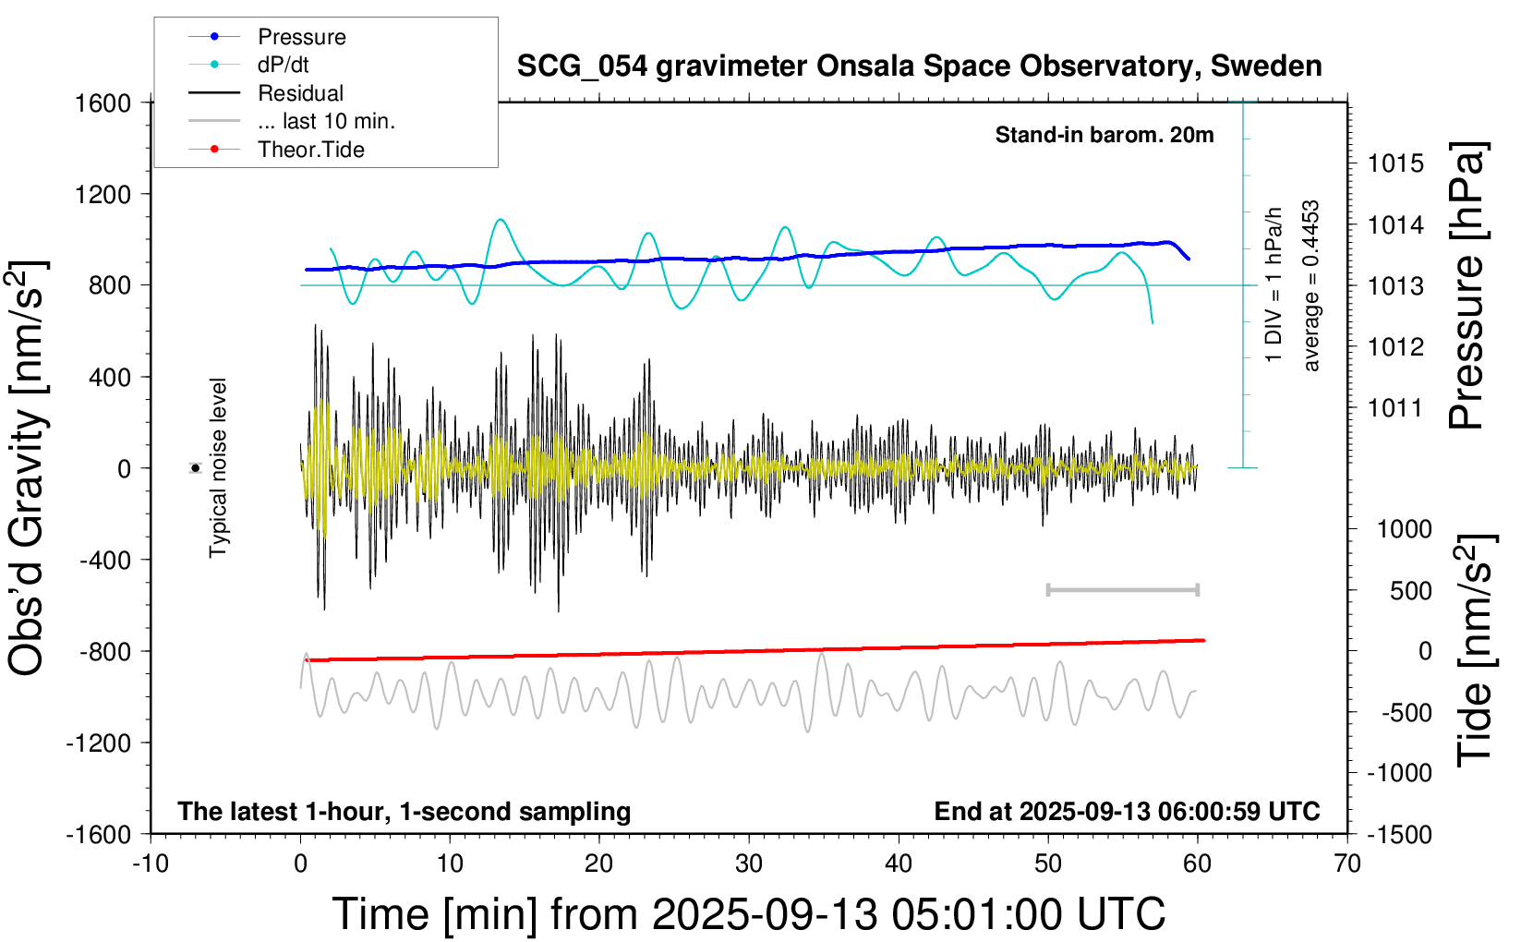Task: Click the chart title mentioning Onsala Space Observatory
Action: click(919, 66)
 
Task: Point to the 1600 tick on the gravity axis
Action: click(103, 103)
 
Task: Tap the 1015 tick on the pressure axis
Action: click(1395, 163)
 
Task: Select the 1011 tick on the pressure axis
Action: click(1395, 407)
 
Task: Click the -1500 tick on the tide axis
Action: click(1399, 835)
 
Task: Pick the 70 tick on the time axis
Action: click(1347, 864)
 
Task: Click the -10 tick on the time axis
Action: click(151, 864)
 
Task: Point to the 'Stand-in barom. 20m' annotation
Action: click(1104, 135)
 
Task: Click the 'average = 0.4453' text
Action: click(1311, 286)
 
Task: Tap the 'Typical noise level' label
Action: click(218, 468)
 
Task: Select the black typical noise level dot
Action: click(196, 468)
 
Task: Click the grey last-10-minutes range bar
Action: click(1122, 590)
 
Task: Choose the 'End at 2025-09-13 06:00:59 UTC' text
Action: click(1127, 812)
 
